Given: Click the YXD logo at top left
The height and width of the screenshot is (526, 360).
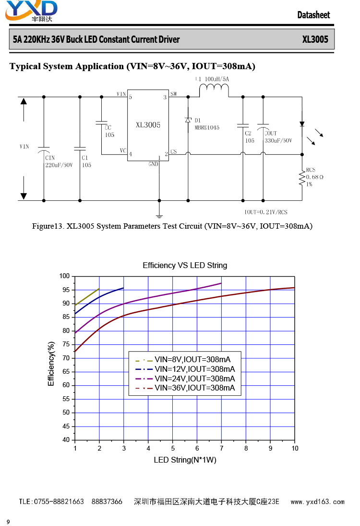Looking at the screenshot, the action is click(31, 11).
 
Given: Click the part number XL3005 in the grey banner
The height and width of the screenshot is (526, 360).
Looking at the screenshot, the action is click(315, 39).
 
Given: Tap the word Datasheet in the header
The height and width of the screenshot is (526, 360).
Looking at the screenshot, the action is click(313, 15).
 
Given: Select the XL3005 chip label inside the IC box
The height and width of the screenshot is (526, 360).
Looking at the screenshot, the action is click(148, 125).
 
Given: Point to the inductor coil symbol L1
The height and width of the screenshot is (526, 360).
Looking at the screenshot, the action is click(214, 88).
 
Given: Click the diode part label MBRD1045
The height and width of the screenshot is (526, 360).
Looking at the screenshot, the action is click(207, 127).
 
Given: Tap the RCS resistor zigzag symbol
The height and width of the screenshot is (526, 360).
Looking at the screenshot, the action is click(301, 178).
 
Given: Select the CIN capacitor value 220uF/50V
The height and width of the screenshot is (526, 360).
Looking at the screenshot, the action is click(59, 165).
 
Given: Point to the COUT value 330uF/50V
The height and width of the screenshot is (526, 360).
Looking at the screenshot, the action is click(278, 140).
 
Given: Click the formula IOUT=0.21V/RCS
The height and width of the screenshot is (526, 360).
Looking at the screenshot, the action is click(266, 212).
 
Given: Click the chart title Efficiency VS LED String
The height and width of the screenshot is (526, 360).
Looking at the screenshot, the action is click(185, 265).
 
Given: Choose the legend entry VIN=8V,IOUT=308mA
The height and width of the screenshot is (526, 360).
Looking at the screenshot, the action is click(183, 360).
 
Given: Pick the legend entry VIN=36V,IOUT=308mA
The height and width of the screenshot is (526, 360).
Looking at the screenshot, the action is click(185, 388).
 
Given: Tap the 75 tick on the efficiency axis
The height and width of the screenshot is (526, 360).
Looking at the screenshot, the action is click(66, 344).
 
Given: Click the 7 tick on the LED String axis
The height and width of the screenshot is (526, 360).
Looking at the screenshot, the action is click(221, 448).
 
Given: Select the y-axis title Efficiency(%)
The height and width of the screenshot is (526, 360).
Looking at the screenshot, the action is click(51, 364).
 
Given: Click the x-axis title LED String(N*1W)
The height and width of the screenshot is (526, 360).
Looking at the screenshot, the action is click(185, 460).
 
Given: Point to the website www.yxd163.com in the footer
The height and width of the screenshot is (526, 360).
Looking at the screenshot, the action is click(317, 502).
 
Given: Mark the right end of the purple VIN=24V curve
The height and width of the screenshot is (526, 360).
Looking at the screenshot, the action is click(221, 283).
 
